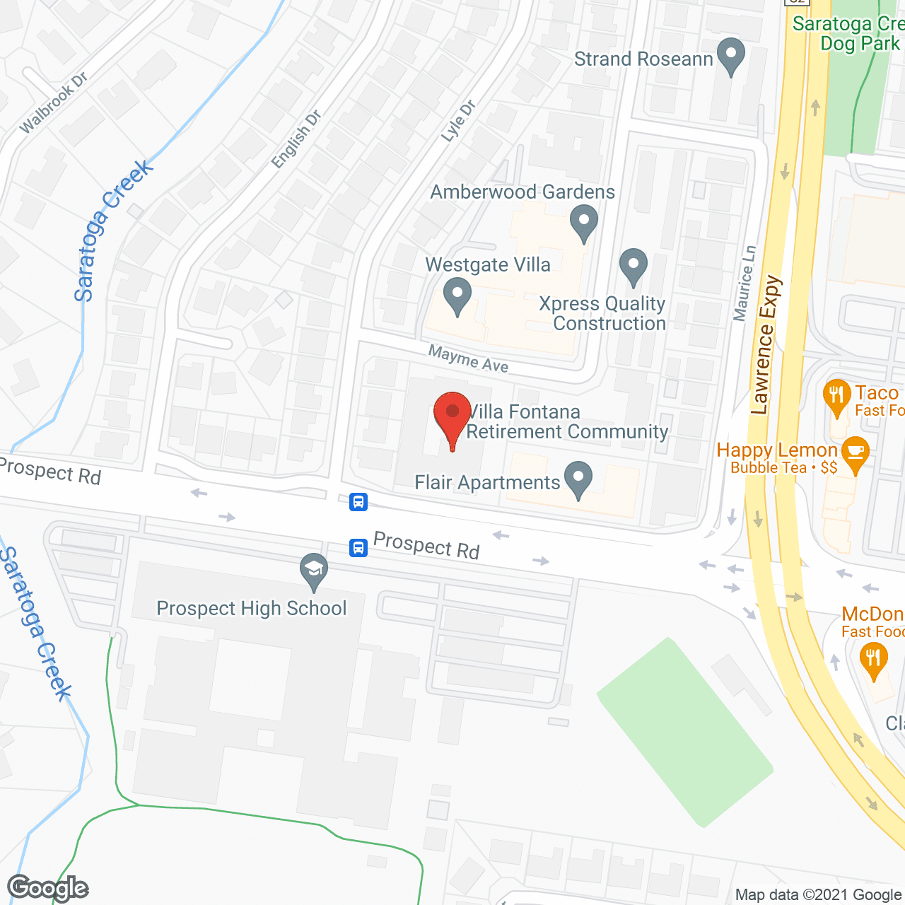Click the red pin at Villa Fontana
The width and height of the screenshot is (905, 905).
[x=452, y=413]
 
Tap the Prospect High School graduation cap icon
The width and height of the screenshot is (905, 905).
[x=314, y=570]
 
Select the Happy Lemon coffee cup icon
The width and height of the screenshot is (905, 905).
[x=856, y=452]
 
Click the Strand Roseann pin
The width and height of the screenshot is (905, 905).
[x=730, y=54]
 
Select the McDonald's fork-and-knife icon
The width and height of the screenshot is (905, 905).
[x=874, y=659]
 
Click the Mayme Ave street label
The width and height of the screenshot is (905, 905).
[x=468, y=358]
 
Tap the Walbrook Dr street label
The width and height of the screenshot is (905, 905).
[x=53, y=103]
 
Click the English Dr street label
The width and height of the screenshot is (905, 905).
[x=296, y=139]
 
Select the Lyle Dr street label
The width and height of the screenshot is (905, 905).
[x=458, y=121]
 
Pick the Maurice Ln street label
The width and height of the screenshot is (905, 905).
[x=745, y=283]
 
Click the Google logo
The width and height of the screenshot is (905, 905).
[x=48, y=888]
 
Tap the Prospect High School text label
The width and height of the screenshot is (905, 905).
[x=252, y=608]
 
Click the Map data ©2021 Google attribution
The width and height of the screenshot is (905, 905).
[x=819, y=894]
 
